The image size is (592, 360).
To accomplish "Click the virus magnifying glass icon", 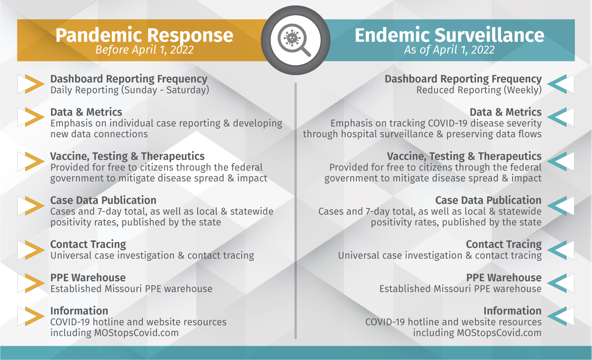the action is [295, 40].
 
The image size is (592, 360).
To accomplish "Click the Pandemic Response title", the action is [144, 35].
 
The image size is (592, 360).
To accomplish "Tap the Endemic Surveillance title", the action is [449, 35].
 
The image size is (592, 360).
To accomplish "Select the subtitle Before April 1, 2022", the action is [144, 50].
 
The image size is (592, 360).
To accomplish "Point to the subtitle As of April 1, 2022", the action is [449, 50].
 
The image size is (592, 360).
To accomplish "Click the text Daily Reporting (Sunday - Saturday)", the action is [130, 90].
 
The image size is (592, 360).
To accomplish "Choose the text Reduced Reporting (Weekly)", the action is [479, 90].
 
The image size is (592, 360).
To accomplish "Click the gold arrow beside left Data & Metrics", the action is [35, 117].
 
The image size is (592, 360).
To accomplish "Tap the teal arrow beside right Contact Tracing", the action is [557, 250].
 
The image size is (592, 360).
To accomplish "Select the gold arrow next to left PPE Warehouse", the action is [35, 283].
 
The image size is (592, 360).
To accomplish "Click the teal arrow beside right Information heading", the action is [557, 316].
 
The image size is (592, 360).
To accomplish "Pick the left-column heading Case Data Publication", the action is [103, 200].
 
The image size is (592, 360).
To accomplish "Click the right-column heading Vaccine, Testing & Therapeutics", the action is [464, 156].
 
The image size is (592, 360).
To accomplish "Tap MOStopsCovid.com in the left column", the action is [136, 332].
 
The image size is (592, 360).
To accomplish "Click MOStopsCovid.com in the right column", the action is [499, 332].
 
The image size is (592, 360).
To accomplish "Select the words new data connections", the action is [99, 134].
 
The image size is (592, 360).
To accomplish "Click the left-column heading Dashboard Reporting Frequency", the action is [129, 79].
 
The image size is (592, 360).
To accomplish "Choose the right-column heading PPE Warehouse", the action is [504, 278].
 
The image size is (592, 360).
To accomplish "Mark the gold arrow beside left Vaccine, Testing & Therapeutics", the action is [35, 161].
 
